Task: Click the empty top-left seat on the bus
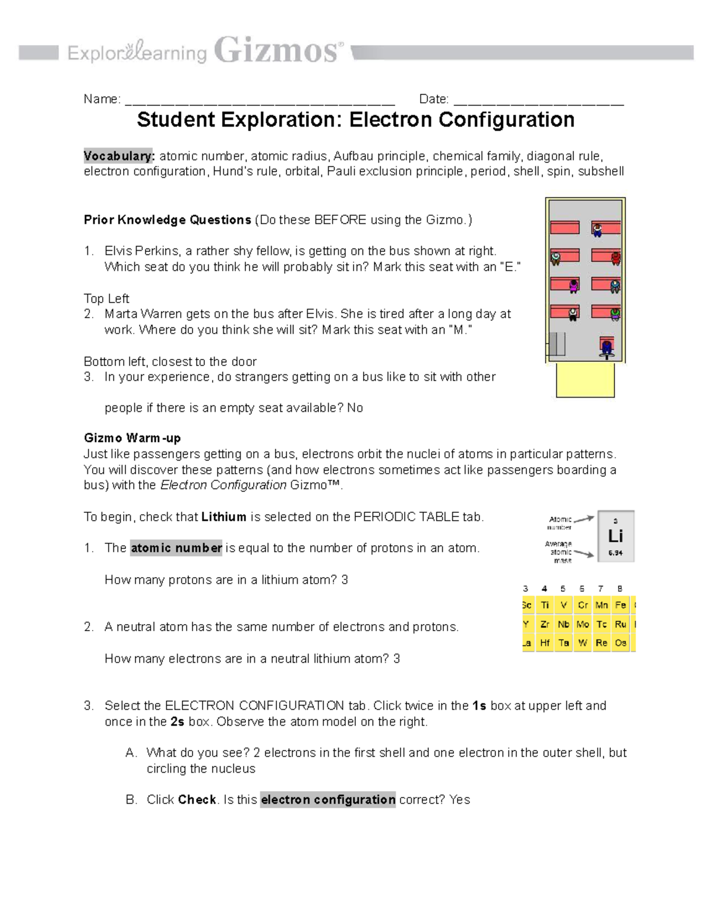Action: (564, 228)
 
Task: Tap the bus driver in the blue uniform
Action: (606, 347)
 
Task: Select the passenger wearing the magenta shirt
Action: (573, 286)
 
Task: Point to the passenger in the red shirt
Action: (616, 257)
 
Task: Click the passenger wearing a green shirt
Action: (616, 313)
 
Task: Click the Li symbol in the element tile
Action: (616, 536)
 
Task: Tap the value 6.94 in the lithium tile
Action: (616, 553)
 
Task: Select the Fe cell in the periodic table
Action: (620, 605)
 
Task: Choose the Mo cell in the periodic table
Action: (582, 624)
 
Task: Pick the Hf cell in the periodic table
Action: (545, 642)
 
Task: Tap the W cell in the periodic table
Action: (582, 642)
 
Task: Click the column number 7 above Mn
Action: (601, 589)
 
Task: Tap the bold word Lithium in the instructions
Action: (223, 517)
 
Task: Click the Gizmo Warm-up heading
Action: (132, 438)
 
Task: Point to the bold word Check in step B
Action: (197, 800)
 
